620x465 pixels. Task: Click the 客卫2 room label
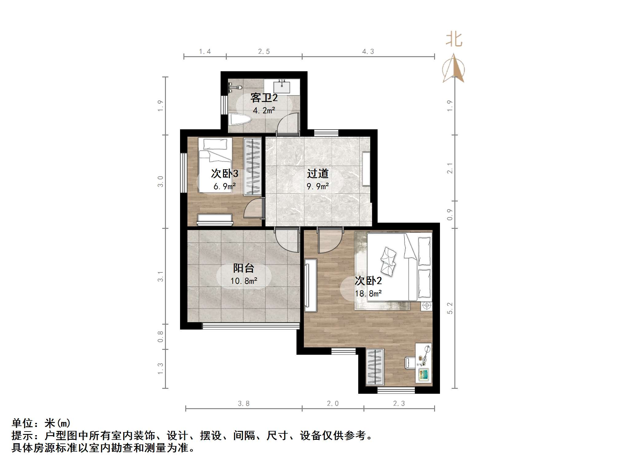[x=264, y=98]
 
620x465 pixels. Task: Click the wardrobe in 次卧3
[x=253, y=167]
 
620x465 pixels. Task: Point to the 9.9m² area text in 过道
[x=318, y=186]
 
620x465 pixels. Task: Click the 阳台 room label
[x=244, y=268]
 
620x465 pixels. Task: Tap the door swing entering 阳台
[x=287, y=240]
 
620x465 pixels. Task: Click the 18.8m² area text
[x=368, y=294]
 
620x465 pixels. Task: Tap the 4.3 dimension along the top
[x=368, y=52]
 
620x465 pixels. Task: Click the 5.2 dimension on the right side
[x=450, y=308]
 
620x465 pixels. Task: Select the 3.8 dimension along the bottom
[x=244, y=403]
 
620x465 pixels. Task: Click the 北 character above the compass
[x=454, y=40]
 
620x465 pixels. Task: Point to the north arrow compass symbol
[x=453, y=69]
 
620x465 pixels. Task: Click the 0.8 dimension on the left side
[x=160, y=336]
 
